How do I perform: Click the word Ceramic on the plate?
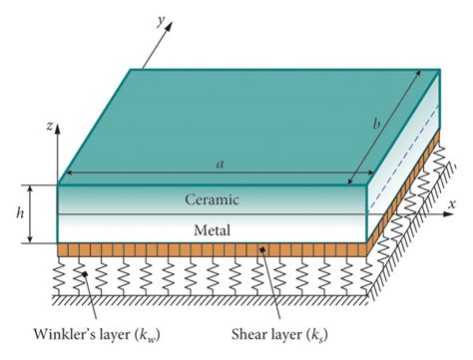tap(213, 198)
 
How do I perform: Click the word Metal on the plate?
tap(213, 229)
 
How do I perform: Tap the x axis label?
tap(452, 203)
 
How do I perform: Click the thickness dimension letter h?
tap(14, 213)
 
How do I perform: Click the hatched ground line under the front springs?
tap(200, 297)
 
